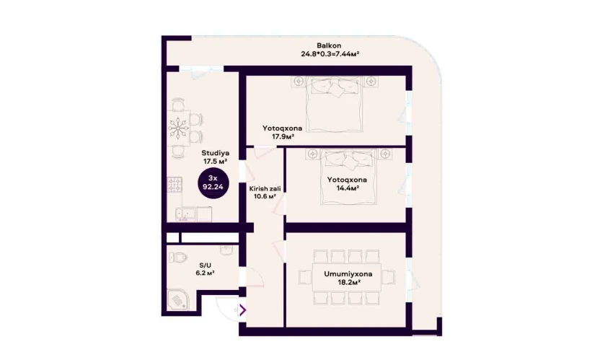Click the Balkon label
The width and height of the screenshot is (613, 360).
(x=329, y=45)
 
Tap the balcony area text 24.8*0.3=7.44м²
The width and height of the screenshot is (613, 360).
(x=330, y=54)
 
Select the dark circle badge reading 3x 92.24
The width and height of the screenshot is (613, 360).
(x=213, y=183)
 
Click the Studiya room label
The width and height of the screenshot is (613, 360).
(x=216, y=153)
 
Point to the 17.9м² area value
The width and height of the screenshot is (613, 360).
(x=283, y=136)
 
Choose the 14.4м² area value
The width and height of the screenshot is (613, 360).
(x=348, y=188)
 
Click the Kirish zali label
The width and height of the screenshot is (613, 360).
(x=265, y=189)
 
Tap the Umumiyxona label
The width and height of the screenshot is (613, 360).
(x=348, y=274)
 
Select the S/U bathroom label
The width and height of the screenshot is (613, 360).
(x=205, y=265)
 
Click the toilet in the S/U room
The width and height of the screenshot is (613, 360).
(x=178, y=257)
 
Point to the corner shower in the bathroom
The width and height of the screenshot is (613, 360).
(x=177, y=299)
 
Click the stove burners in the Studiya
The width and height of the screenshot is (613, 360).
(x=175, y=185)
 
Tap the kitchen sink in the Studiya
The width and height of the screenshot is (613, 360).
(x=185, y=214)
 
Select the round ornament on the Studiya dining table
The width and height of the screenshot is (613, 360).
(x=179, y=128)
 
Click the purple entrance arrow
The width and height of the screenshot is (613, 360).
(x=243, y=310)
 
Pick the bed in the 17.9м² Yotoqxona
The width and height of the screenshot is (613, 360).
(x=335, y=104)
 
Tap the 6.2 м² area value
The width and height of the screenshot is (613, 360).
(x=205, y=273)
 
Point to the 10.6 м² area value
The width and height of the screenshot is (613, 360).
(x=265, y=196)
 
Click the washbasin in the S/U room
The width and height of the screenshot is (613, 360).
(x=226, y=250)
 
